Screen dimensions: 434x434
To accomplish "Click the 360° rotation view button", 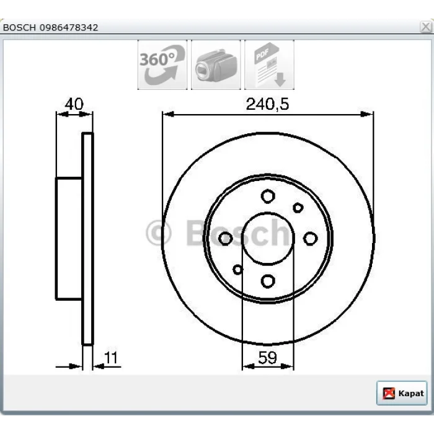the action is pos(162,64).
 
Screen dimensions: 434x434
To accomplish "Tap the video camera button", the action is pos(216,64).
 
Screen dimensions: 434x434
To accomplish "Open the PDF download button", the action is pos(269,64).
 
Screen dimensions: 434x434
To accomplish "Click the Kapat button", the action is pos(402,393).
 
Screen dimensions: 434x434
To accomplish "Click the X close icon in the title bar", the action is pos(426,27).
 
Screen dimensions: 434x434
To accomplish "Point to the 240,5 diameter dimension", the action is pos(267,104).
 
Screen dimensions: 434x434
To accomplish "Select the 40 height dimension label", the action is pos(74,104).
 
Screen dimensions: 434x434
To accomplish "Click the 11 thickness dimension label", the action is pos(111,357).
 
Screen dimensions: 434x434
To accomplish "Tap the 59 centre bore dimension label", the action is pos(267,357).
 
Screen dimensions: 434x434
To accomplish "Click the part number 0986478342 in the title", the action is pos(69,28).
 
